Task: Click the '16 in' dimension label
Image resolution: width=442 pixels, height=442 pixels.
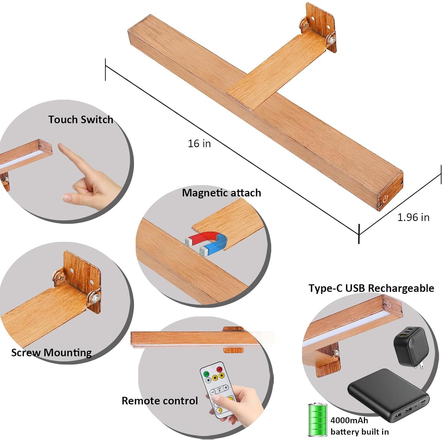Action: pyautogui.click(x=199, y=143)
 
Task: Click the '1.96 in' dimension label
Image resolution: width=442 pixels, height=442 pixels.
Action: pyautogui.click(x=413, y=217)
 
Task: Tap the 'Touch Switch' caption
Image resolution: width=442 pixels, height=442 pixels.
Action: pyautogui.click(x=81, y=119)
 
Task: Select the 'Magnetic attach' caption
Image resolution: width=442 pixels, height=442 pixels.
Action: pyautogui.click(x=221, y=193)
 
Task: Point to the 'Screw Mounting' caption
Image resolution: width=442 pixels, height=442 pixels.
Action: pyautogui.click(x=51, y=353)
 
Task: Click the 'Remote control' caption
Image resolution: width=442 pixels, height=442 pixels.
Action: pyautogui.click(x=160, y=401)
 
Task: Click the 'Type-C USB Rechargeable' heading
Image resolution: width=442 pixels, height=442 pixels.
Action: pyautogui.click(x=371, y=288)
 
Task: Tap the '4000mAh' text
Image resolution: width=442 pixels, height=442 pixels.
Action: pyautogui.click(x=349, y=420)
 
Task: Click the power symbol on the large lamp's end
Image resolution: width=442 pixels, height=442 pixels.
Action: pyautogui.click(x=385, y=200)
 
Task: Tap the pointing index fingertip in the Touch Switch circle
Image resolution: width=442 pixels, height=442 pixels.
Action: pyautogui.click(x=60, y=146)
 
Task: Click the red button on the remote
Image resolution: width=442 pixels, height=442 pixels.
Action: pyautogui.click(x=219, y=369)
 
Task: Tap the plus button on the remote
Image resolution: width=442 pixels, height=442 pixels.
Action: pyautogui.click(x=226, y=387)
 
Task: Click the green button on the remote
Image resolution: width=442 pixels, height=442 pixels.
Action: pyautogui.click(x=206, y=374)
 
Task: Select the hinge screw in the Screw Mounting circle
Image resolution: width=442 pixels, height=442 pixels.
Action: pyautogui.click(x=95, y=298)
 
